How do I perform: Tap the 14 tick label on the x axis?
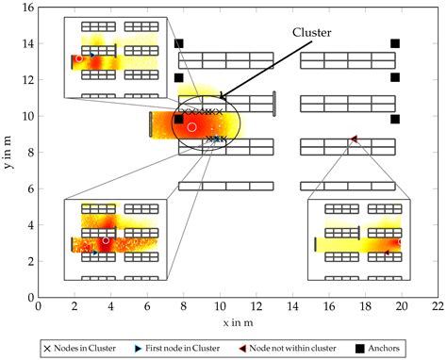pyautogui.click(x=292, y=307)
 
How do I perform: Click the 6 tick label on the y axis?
pyautogui.click(x=28, y=188)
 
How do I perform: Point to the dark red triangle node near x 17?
pyautogui.click(x=354, y=139)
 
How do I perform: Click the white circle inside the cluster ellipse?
pyautogui.click(x=191, y=126)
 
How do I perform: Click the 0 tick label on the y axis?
pyautogui.click(x=28, y=297)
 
